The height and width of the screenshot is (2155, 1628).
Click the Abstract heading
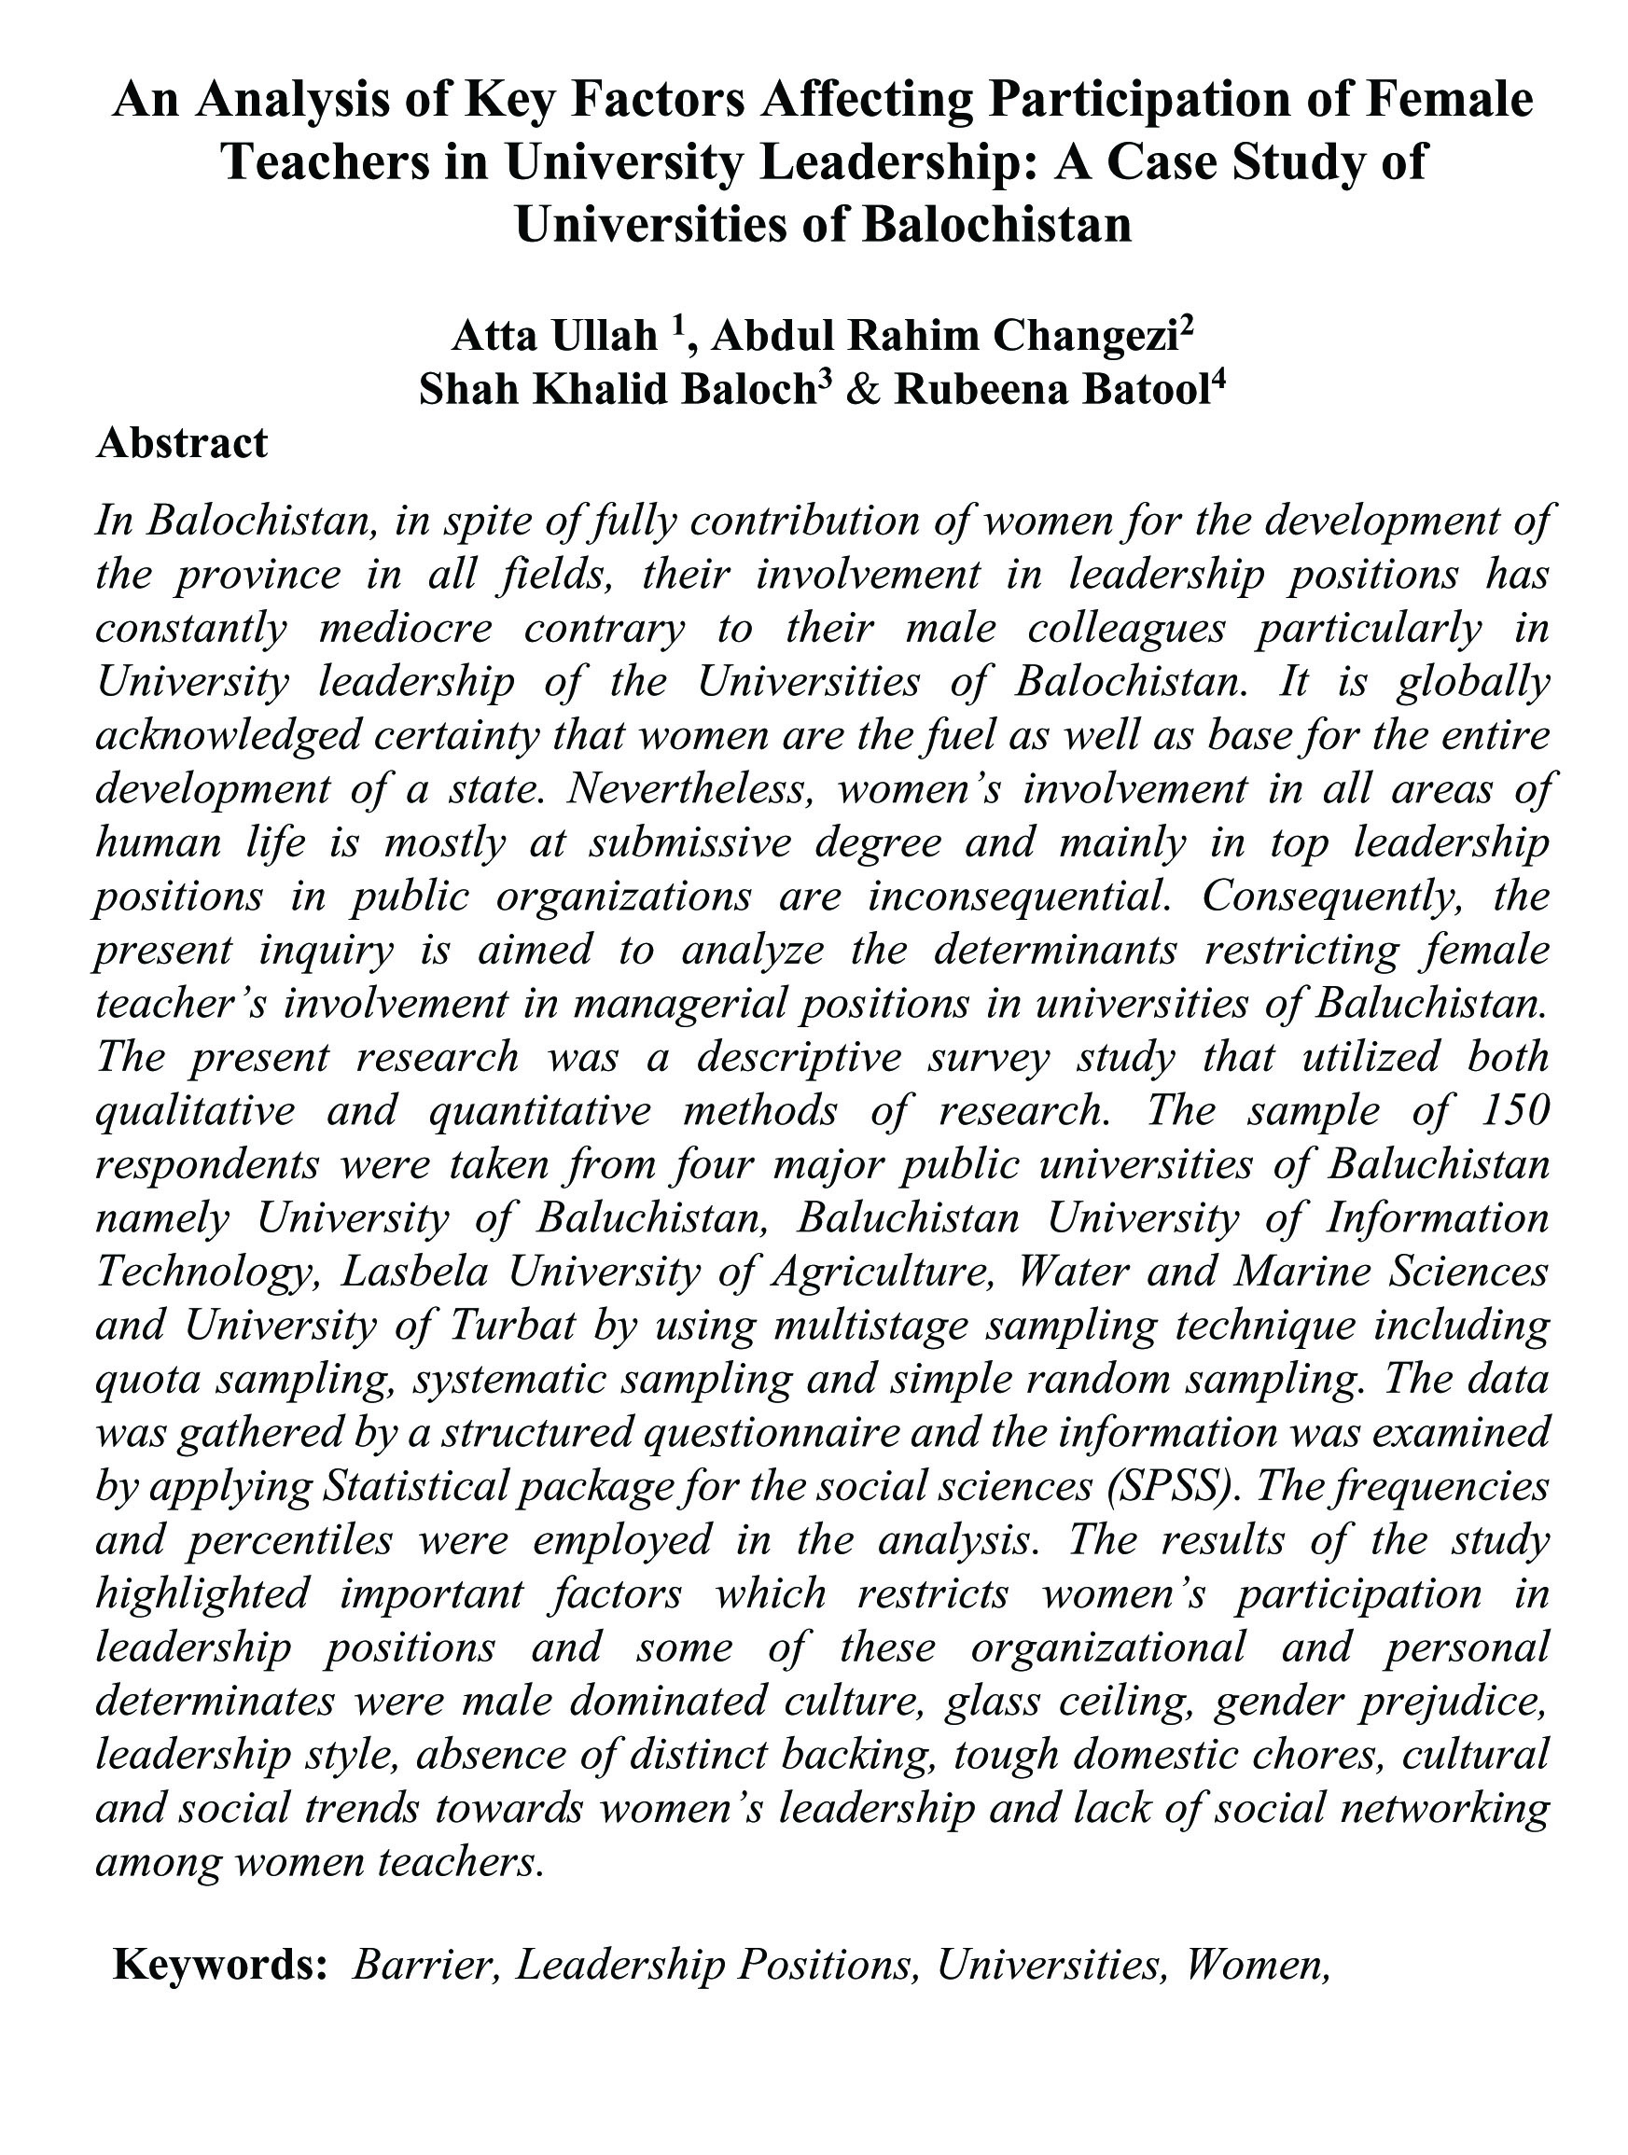[x=181, y=443]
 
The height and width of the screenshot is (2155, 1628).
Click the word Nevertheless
[x=689, y=788]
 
